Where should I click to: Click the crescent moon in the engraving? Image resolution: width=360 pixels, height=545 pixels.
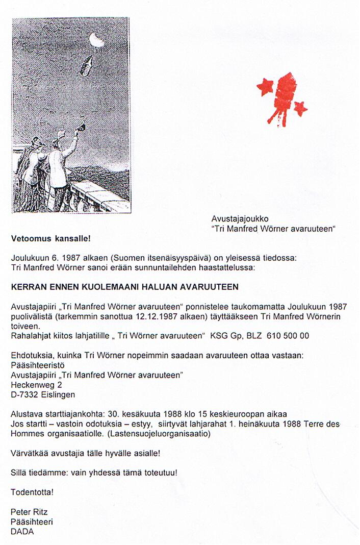click(95, 39)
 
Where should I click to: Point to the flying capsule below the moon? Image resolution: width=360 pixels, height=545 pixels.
click(86, 65)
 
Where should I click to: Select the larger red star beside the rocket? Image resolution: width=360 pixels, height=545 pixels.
click(265, 87)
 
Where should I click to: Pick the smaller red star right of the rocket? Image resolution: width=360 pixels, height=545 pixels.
click(301, 108)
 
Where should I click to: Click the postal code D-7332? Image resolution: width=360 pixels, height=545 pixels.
click(23, 394)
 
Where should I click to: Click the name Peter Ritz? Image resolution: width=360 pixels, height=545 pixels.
click(30, 512)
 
